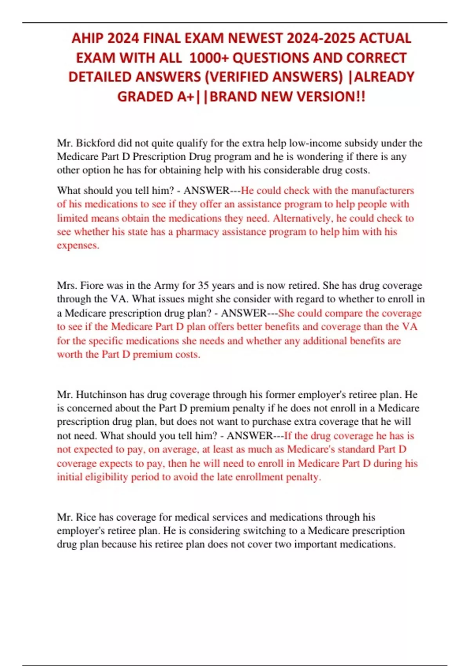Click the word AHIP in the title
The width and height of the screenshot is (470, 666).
point(87,38)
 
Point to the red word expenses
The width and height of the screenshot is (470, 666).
point(78,246)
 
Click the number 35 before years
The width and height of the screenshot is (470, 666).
point(203,286)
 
